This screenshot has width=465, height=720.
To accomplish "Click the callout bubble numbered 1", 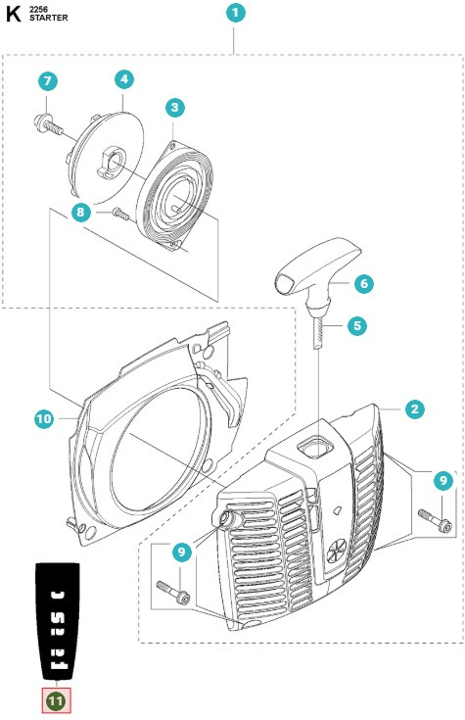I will click(235, 14).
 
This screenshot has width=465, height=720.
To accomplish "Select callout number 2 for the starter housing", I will click(415, 409).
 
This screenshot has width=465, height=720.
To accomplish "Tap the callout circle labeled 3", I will click(173, 108).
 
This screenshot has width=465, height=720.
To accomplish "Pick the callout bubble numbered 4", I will click(123, 78).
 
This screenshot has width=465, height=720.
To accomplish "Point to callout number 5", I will click(357, 324).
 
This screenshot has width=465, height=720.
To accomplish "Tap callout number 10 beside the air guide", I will click(44, 418).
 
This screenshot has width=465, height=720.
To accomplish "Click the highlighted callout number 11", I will click(56, 700).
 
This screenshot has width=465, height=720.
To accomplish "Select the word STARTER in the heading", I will click(50, 19).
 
